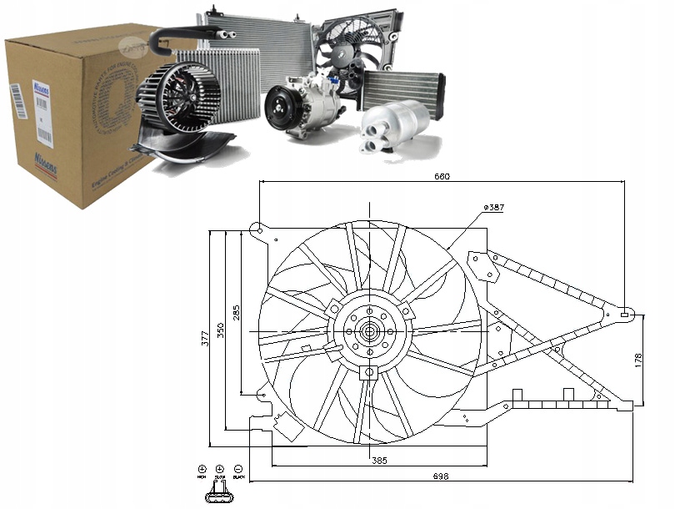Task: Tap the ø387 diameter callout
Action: click(493, 206)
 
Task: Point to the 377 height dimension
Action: click(205, 337)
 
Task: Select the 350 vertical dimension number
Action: click(221, 330)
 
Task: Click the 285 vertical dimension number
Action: click(237, 314)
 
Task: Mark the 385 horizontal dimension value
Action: click(378, 461)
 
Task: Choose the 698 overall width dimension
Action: click(442, 476)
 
